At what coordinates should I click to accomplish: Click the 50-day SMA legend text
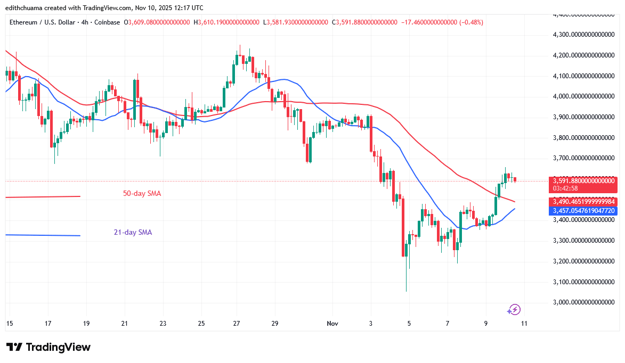[142, 194]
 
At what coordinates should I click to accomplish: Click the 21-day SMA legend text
[133, 233]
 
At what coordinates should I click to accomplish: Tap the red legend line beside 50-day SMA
[43, 197]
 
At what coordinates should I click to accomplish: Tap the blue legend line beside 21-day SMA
[43, 235]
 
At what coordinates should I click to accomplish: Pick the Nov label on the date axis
[332, 323]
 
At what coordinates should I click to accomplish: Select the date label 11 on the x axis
[524, 323]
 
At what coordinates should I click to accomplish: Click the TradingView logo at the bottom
[48, 347]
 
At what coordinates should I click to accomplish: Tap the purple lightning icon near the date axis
[514, 310]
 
